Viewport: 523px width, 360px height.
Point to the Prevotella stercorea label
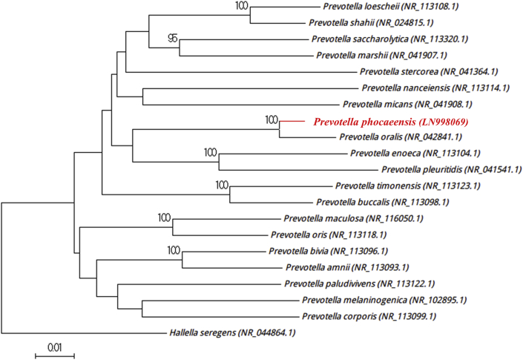424,72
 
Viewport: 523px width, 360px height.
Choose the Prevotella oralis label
400,137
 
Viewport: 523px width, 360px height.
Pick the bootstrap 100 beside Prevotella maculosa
165,217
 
